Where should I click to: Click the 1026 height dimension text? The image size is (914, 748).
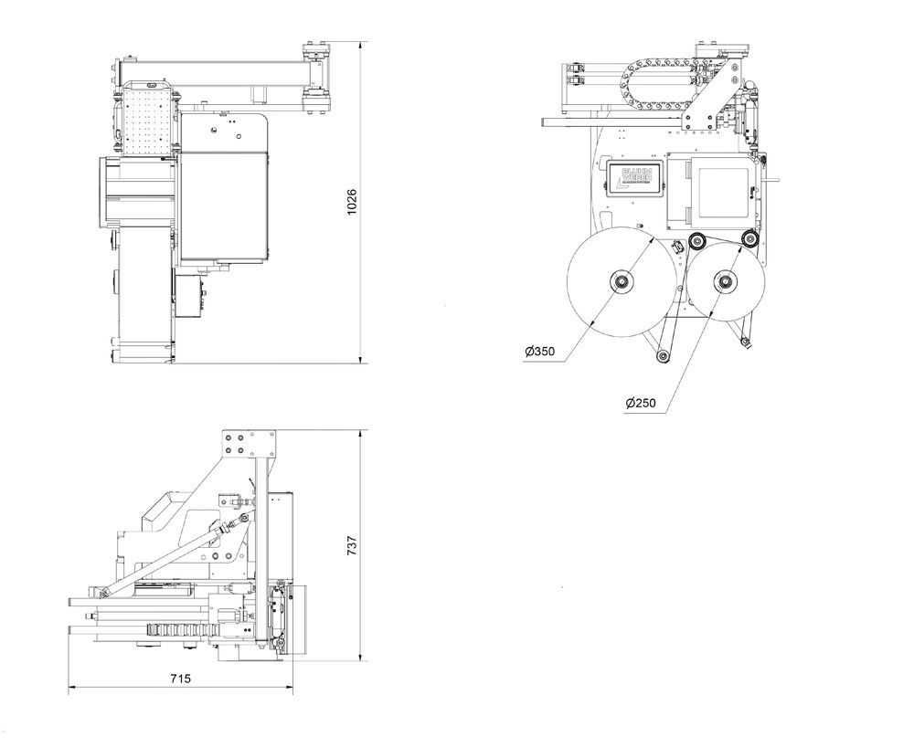[352, 203]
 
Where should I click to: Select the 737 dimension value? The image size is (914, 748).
[352, 545]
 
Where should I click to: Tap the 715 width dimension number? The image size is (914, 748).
[179, 679]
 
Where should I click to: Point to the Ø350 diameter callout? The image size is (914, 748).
[540, 352]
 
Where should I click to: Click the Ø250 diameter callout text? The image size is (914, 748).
[641, 403]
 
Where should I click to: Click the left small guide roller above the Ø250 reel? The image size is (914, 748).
[697, 241]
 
